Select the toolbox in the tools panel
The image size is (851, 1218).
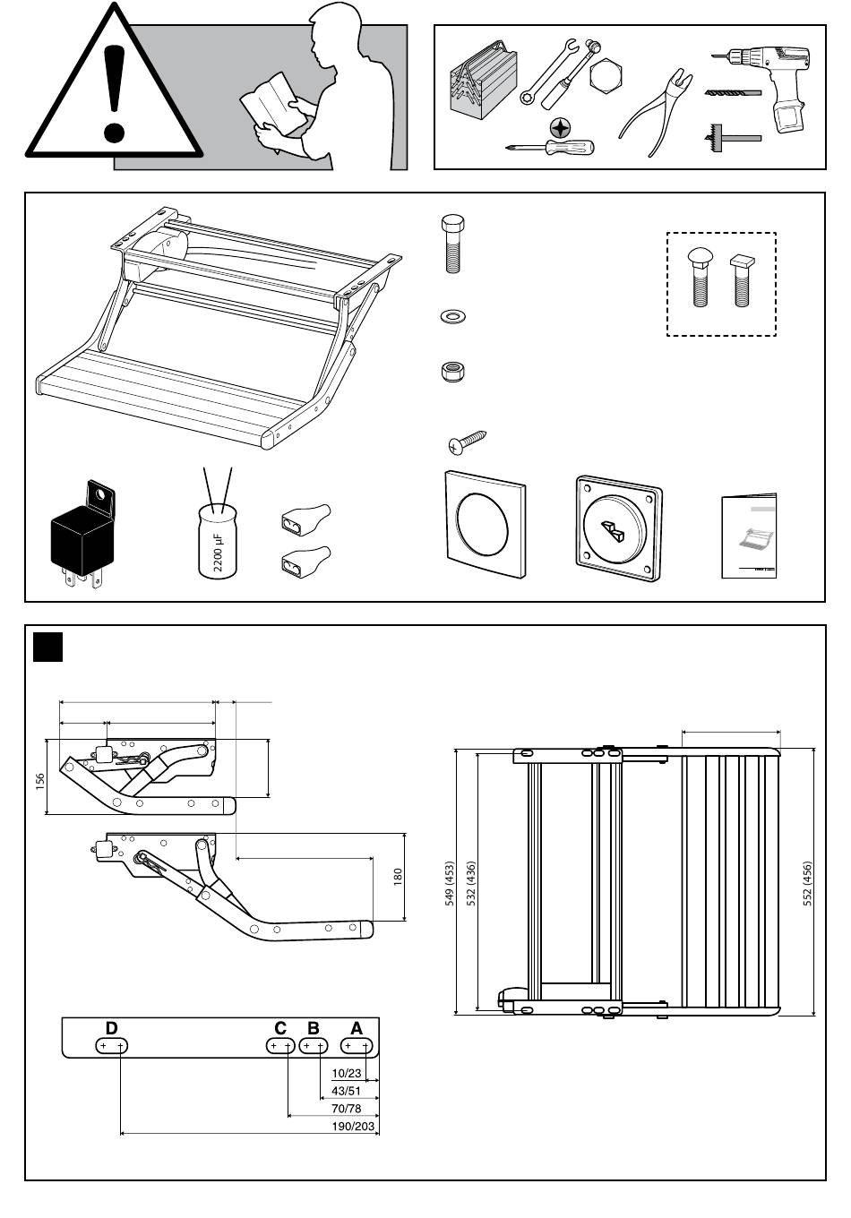(x=483, y=81)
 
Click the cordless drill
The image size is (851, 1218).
(x=773, y=84)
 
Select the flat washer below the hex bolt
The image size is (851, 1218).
(x=453, y=316)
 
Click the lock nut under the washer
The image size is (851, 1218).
(x=452, y=371)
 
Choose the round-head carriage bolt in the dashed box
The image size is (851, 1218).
(x=699, y=277)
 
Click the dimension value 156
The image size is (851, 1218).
(x=39, y=782)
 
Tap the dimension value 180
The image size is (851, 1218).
(x=398, y=877)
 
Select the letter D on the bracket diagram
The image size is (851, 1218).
(x=112, y=1028)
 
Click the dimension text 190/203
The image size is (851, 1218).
(x=353, y=1126)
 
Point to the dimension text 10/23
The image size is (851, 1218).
(x=347, y=1073)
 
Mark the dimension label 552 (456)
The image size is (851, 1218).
(x=807, y=884)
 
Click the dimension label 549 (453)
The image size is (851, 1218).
(x=450, y=884)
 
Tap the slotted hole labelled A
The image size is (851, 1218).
(x=357, y=1046)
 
